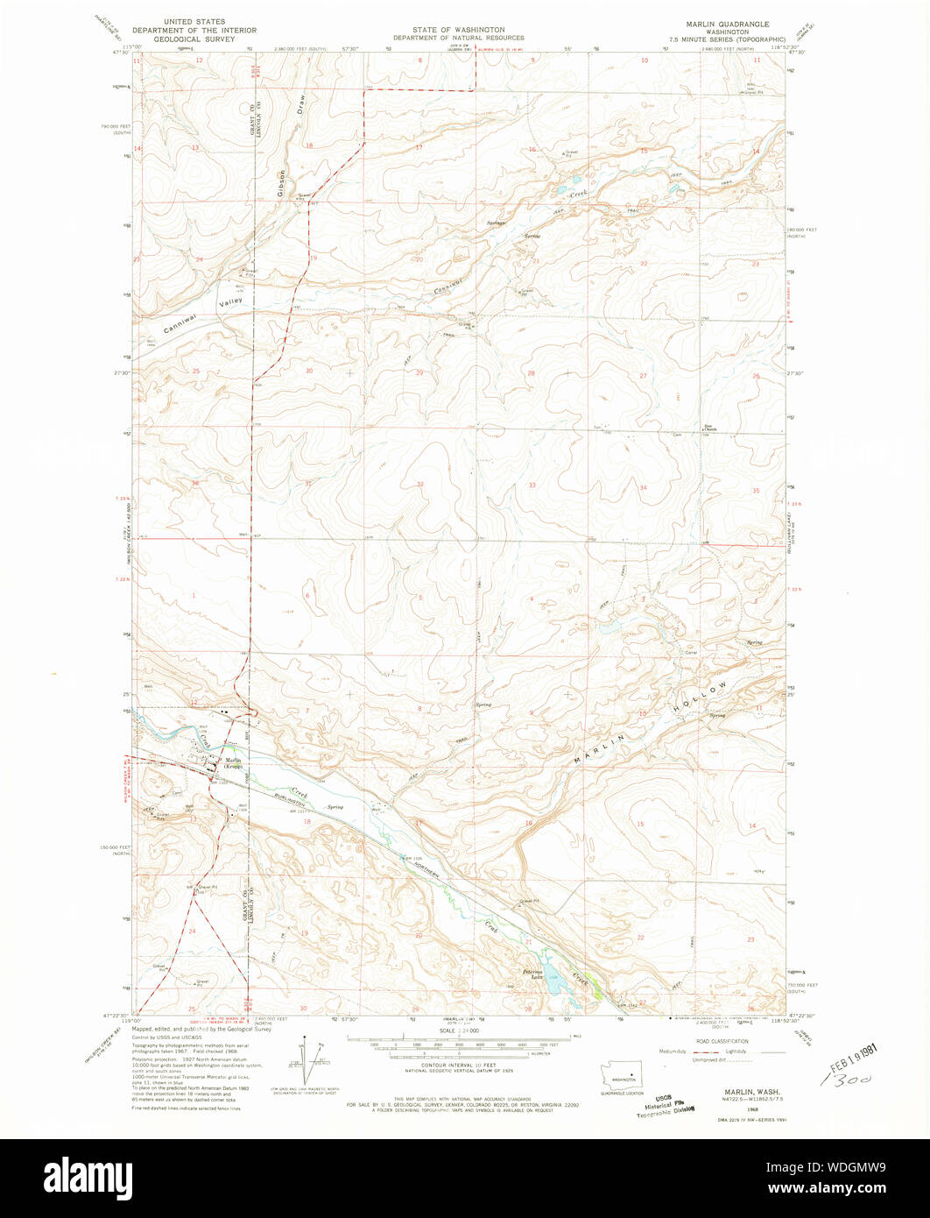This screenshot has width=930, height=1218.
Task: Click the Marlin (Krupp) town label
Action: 233,763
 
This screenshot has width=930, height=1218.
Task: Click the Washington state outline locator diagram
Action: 624,1077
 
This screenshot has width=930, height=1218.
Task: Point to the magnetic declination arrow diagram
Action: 307,1061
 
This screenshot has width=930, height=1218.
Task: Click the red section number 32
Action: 420,484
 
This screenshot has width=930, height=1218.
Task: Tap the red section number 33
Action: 532,485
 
